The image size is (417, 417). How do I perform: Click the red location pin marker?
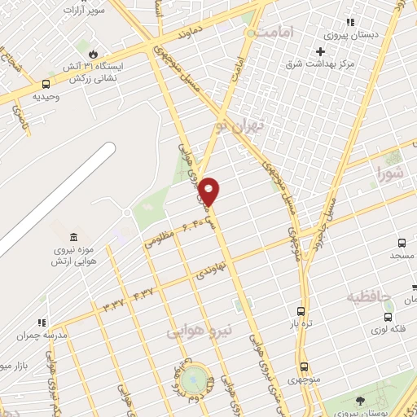(x=209, y=190)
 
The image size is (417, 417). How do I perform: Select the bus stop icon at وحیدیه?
(x=45, y=83)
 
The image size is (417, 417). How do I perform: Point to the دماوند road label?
(x=182, y=34)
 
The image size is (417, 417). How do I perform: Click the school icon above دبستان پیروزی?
(x=351, y=22)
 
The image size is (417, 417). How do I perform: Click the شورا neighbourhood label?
(x=389, y=172)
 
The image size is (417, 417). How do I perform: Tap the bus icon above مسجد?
(x=402, y=242)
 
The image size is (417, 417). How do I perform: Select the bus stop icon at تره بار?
(x=301, y=311)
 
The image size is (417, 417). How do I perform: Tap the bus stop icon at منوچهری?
(x=305, y=367)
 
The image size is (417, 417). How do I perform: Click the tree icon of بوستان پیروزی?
(x=361, y=400)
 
